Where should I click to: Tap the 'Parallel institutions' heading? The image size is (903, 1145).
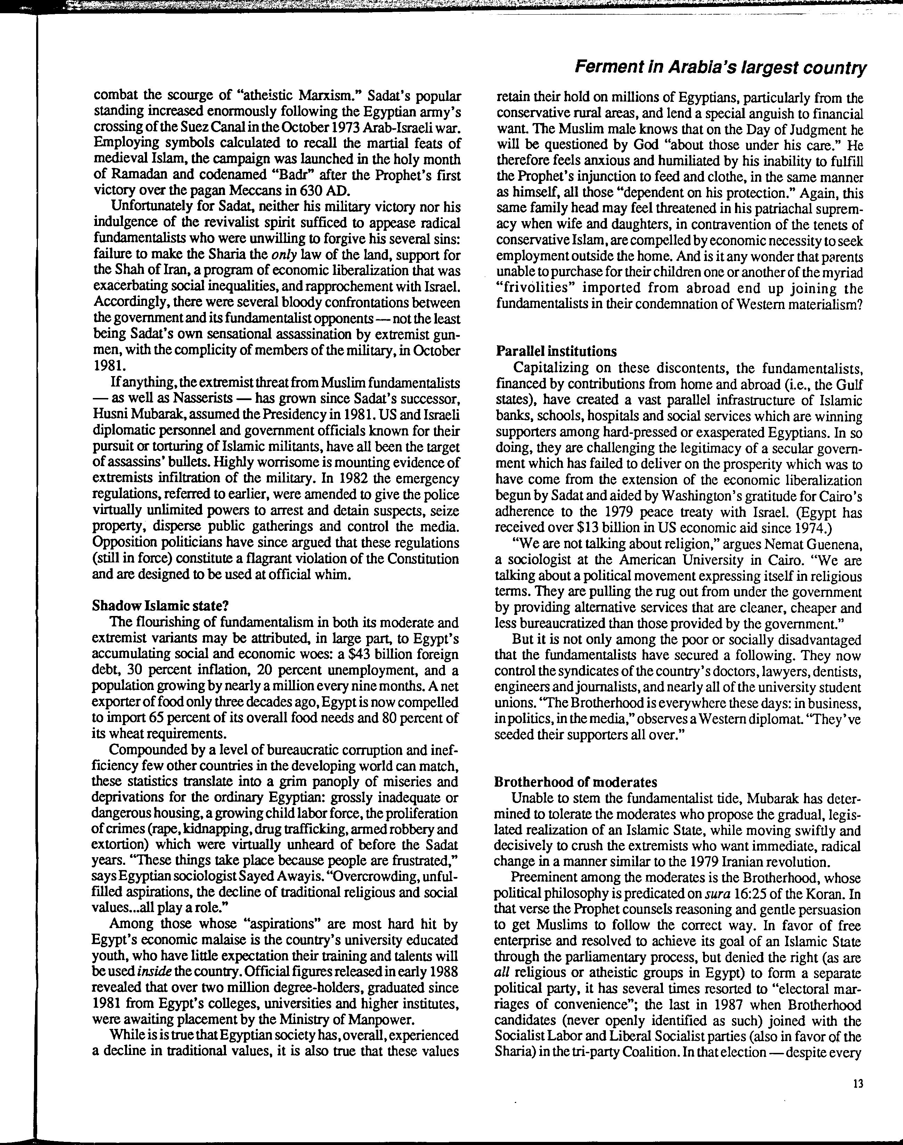point(556,351)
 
